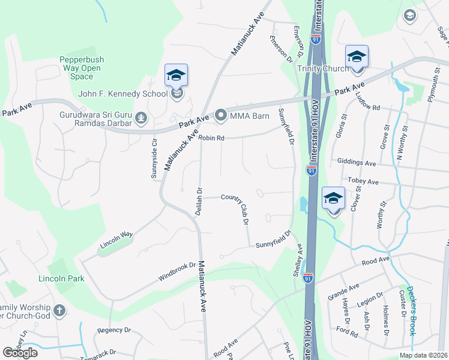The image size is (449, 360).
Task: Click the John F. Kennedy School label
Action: (123, 94)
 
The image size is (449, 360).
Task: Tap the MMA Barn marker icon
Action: (220, 115)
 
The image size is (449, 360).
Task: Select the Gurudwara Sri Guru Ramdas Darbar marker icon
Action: (141, 117)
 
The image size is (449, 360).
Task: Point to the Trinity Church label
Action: (322, 68)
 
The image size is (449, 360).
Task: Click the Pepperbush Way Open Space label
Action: (80, 68)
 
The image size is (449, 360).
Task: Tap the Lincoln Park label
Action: (61, 279)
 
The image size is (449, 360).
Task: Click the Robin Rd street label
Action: (212, 137)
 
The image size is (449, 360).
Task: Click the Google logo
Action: (20, 353)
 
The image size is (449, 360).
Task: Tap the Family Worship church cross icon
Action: (59, 310)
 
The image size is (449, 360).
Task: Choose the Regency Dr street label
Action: (114, 330)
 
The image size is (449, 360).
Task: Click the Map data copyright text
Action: (423, 355)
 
